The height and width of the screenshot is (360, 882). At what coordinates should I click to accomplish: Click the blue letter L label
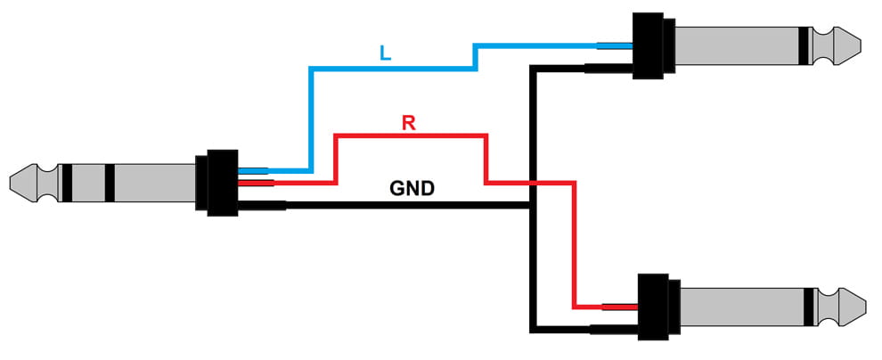[384, 53]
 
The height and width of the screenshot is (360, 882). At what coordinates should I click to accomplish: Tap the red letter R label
[408, 122]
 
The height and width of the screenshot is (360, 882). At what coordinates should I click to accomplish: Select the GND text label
[412, 188]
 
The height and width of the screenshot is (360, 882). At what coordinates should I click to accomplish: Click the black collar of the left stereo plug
[219, 183]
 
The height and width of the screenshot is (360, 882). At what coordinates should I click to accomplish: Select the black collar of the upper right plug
[649, 46]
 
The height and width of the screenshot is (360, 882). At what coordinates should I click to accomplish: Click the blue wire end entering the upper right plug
[615, 45]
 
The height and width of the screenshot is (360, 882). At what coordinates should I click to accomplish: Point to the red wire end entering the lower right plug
[620, 306]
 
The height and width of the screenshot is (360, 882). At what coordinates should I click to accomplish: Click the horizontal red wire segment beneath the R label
[410, 136]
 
